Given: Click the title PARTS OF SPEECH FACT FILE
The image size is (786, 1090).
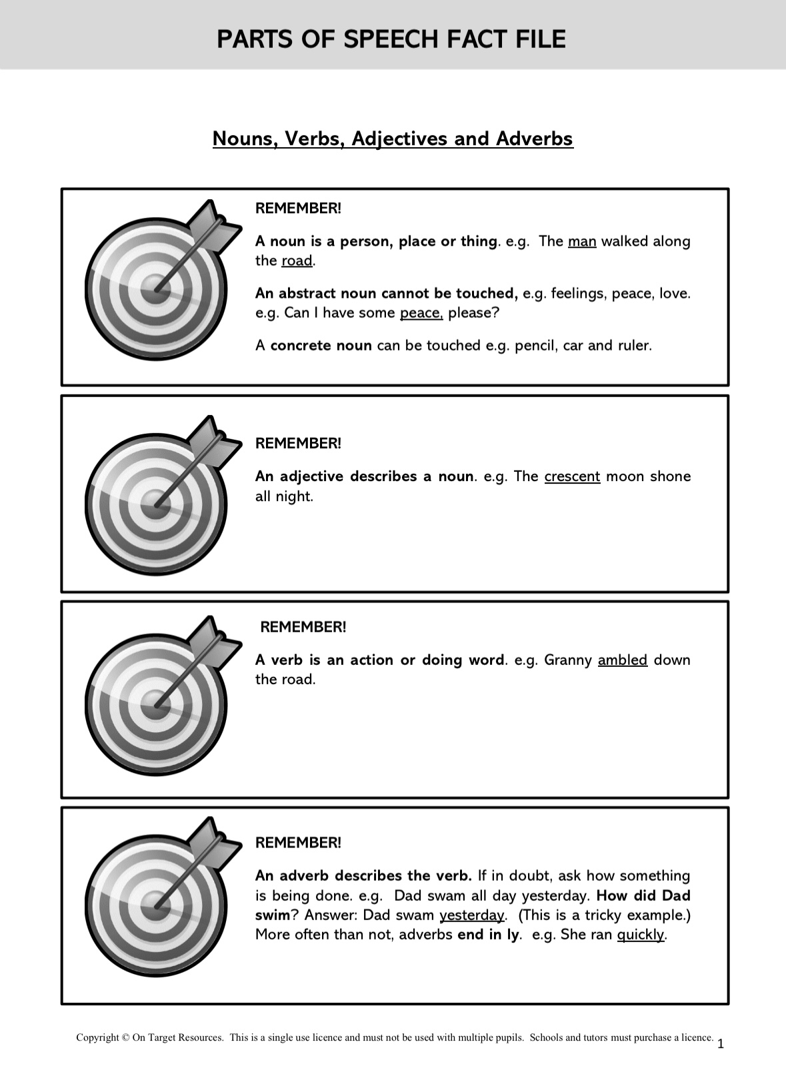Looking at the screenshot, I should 391,39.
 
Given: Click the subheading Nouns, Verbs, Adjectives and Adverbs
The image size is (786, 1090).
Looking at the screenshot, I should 393,139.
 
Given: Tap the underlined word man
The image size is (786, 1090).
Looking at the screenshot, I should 581,241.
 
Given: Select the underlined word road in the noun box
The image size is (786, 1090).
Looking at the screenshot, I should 297,261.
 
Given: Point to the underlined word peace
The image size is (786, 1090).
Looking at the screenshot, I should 421,312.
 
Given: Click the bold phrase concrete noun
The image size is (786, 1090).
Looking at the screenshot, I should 321,345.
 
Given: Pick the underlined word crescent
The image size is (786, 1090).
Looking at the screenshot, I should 572,476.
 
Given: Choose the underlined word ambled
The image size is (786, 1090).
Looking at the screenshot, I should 623,660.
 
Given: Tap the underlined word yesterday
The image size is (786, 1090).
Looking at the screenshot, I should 472,915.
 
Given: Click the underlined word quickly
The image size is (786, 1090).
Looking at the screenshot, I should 641,934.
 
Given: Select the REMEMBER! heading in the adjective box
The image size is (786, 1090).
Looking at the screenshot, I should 298,443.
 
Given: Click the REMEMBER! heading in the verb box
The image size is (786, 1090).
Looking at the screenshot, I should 303,627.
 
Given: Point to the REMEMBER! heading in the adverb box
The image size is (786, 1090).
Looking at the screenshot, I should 298,842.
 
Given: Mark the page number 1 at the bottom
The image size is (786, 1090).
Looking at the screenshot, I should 721,1044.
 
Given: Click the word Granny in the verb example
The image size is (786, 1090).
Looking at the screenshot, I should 568,660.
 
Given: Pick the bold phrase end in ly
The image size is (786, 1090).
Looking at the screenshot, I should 487,934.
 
